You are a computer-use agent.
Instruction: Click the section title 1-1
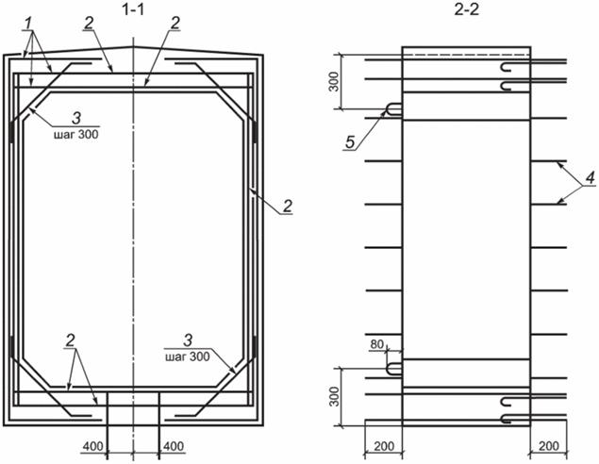coord(133,9)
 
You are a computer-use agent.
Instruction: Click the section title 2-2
coord(466,9)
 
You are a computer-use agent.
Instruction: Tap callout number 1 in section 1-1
coord(28,24)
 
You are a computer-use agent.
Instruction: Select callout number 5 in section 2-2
coord(350,142)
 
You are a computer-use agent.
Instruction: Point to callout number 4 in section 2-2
coord(591,177)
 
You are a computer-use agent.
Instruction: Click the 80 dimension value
coord(376,344)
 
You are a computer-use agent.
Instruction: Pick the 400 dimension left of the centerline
coord(93,446)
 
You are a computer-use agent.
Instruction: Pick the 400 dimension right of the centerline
coord(174,446)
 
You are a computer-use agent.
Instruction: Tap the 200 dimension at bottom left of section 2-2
coord(384,446)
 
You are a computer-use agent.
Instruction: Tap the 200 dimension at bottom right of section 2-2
coord(549,446)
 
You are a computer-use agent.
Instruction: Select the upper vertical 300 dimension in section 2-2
coord(334,82)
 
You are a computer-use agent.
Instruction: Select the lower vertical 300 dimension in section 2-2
coord(334,397)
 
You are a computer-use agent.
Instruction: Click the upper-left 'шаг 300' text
coord(76,135)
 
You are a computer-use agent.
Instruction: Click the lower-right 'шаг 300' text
coord(188,356)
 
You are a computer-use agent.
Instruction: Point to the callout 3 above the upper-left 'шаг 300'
coord(76,119)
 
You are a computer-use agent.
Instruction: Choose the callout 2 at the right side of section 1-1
coord(288,207)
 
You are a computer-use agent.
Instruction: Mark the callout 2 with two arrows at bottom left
coord(71,340)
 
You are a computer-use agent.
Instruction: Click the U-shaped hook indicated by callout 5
coord(394,109)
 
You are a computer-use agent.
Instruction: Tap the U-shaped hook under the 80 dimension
coord(394,369)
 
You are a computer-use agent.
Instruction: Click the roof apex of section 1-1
coord(133,46)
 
